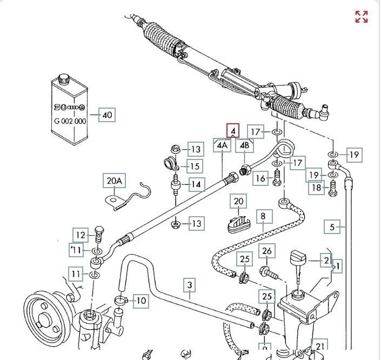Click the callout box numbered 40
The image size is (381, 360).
(x=107, y=115)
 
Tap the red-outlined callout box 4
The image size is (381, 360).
(x=233, y=130)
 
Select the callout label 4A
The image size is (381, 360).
(x=222, y=145)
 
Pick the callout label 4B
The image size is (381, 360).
(x=244, y=145)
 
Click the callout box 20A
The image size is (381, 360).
(x=114, y=181)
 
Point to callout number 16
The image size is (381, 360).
(x=260, y=178)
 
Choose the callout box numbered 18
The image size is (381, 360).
(x=316, y=188)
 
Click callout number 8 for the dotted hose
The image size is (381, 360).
(x=263, y=217)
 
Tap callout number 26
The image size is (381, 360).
(x=267, y=251)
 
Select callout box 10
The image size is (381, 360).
(x=141, y=301)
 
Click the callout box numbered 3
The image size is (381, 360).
(x=190, y=285)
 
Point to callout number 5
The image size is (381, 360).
(x=332, y=227)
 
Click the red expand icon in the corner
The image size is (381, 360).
(x=362, y=17)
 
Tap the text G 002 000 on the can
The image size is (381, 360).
(x=70, y=121)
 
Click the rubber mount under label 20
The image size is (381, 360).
(x=239, y=224)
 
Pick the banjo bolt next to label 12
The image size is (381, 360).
(x=99, y=234)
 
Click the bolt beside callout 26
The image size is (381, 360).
(x=269, y=274)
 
